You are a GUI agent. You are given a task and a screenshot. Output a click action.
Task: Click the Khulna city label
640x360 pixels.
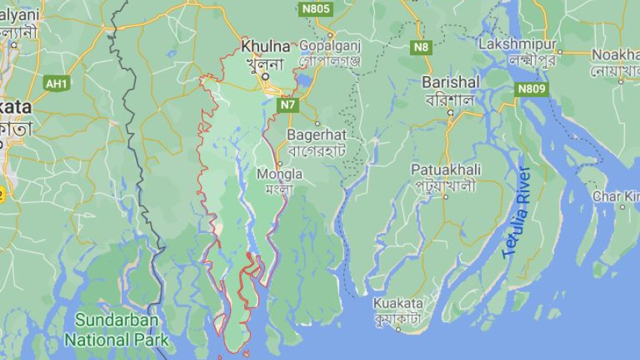click(x=265, y=46)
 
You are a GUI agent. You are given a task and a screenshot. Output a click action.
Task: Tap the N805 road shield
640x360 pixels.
click(x=315, y=9)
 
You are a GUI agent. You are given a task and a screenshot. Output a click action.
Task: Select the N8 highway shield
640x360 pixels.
click(x=422, y=47)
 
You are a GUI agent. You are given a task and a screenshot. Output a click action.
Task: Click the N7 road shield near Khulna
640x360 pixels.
click(x=288, y=105)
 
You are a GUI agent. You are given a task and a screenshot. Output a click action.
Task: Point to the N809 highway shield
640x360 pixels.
click(x=531, y=89)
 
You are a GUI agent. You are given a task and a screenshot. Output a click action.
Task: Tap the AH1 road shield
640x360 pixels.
click(x=57, y=83)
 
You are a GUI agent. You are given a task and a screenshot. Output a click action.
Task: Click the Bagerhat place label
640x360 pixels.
click(x=317, y=134)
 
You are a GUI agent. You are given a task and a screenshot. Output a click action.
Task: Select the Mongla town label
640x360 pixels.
click(x=279, y=174)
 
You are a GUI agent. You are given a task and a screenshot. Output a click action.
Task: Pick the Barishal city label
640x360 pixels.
click(x=450, y=81)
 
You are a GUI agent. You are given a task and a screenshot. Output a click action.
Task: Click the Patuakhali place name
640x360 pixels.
click(x=446, y=170)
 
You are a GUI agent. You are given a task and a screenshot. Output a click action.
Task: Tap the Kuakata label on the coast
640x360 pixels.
click(x=398, y=303)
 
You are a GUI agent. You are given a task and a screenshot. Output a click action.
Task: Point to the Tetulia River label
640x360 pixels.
click(x=517, y=212)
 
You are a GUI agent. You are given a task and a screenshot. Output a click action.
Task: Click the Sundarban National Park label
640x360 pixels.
click(x=116, y=329)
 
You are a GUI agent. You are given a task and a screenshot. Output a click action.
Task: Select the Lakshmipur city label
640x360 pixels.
click(x=518, y=44)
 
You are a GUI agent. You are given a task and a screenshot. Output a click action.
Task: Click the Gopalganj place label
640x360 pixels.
click(x=329, y=45)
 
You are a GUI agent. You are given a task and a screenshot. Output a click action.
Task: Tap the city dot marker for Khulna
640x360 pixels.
click(x=264, y=76)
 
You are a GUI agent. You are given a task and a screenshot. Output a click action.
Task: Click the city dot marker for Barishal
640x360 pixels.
click(x=450, y=113)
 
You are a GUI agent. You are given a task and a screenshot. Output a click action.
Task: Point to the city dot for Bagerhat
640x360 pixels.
click(x=317, y=123)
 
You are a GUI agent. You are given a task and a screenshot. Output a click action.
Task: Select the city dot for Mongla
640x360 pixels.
click(x=279, y=164)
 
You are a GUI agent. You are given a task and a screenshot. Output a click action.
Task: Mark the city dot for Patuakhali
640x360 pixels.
click(x=446, y=197)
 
